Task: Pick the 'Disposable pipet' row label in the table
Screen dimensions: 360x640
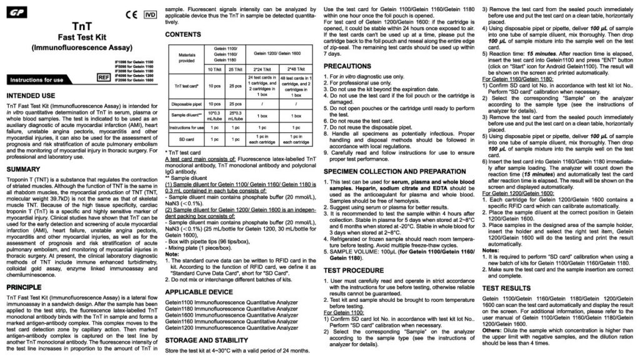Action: click(186, 122)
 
